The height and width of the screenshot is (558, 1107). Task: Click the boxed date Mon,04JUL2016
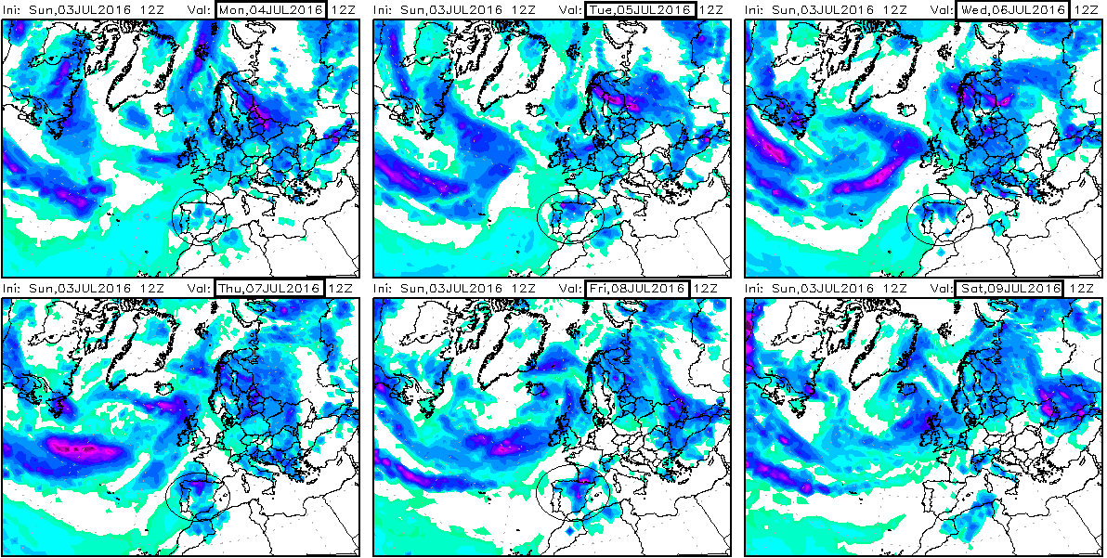tap(269, 10)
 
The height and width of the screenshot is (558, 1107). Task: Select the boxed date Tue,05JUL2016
tap(641, 10)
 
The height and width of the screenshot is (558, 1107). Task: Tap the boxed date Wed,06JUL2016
tap(1012, 10)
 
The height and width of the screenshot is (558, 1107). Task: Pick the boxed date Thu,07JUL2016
tap(269, 288)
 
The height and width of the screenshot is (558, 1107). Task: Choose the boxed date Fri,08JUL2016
tap(641, 288)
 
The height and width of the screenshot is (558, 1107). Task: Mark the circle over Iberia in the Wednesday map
tap(938, 221)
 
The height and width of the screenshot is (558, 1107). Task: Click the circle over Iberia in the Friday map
tap(573, 492)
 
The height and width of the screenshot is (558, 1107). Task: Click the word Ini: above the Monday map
tap(14, 10)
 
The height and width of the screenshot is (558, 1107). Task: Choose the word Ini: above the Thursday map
tap(14, 288)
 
